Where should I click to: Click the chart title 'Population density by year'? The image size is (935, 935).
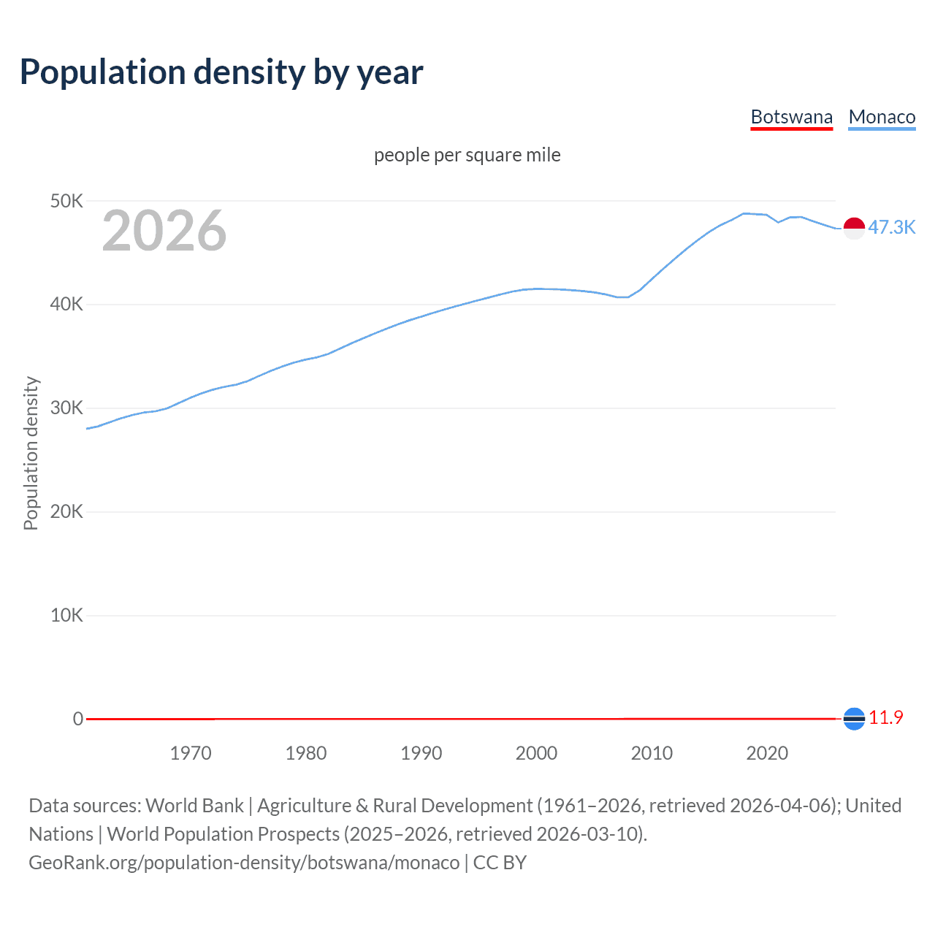(221, 72)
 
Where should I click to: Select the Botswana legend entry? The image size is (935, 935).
(791, 117)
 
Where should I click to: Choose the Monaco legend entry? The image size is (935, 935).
(882, 117)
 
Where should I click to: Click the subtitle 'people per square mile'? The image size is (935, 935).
(467, 155)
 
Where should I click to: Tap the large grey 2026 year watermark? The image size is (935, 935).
(164, 231)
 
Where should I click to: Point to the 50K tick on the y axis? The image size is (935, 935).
(66, 201)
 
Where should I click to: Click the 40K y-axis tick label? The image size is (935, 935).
(66, 305)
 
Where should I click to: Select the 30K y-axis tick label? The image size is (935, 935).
(66, 408)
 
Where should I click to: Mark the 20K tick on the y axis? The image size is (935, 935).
(66, 511)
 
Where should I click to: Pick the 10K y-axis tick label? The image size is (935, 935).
(66, 615)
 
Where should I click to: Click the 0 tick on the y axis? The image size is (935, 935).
(78, 719)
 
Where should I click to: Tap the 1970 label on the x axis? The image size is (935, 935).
(191, 753)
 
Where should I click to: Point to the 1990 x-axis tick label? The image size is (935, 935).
(421, 753)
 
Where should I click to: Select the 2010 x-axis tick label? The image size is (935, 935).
(652, 753)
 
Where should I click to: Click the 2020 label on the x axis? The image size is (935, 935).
(767, 753)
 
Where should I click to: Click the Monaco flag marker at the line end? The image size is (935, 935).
(854, 228)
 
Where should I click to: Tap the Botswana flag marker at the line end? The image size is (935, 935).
(854, 719)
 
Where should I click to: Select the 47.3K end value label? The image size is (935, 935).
(891, 227)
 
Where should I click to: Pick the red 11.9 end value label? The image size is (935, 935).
(885, 718)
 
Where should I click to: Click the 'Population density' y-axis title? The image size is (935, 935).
(31, 453)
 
